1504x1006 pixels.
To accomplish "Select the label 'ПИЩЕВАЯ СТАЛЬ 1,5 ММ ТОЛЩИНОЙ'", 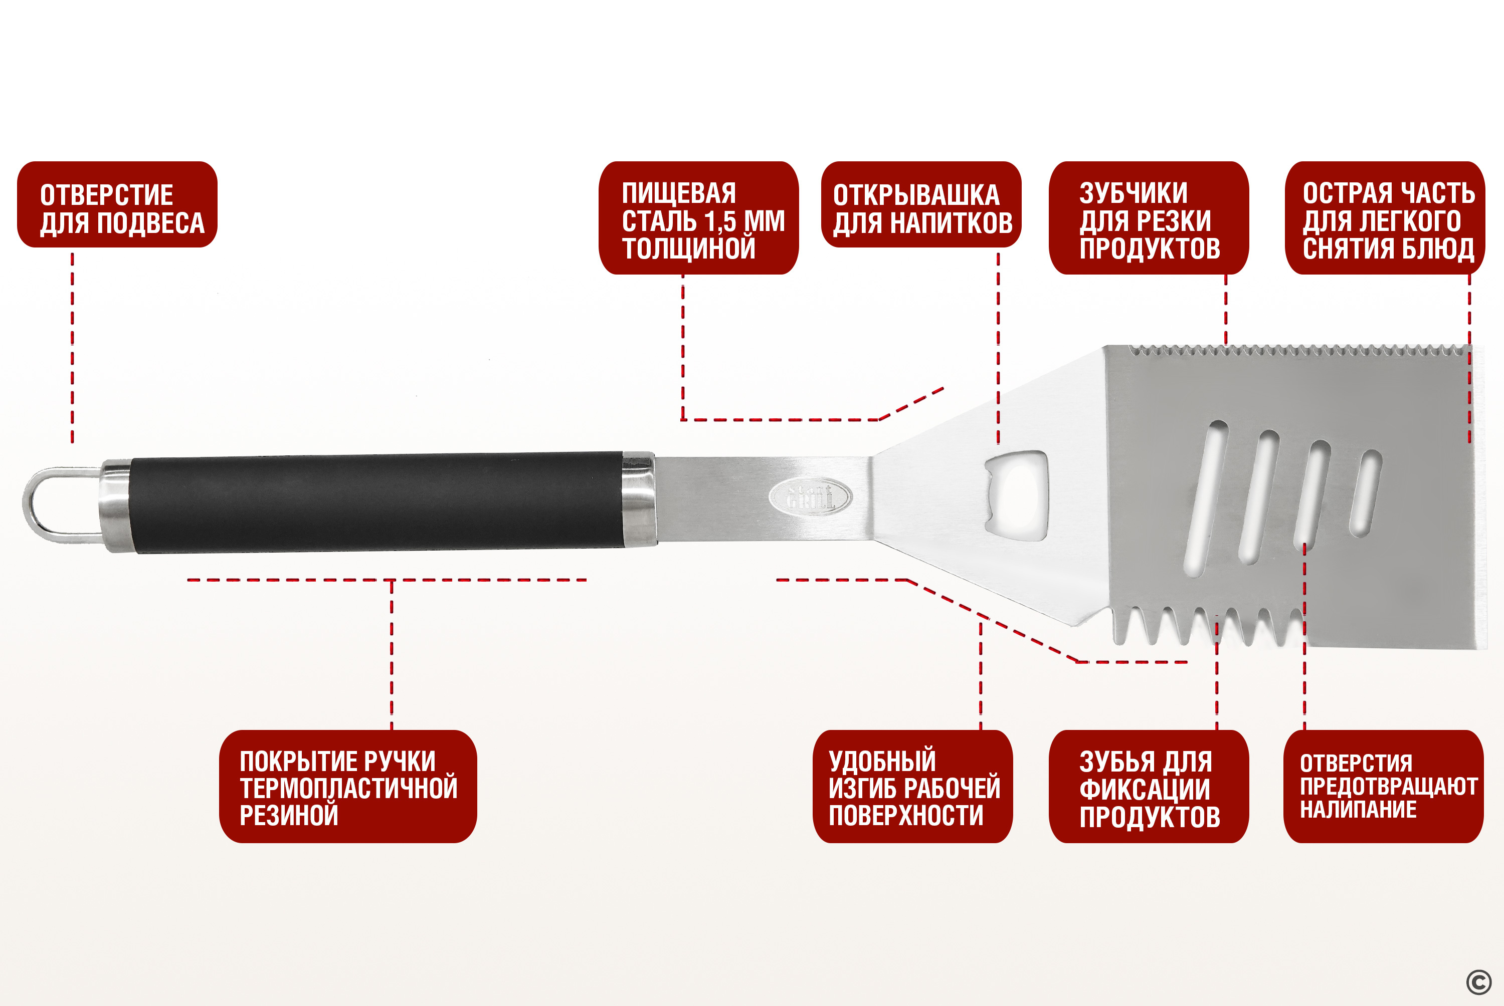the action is (698, 218).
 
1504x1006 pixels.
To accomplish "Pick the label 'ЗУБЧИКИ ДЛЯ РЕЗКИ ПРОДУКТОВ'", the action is (1149, 218).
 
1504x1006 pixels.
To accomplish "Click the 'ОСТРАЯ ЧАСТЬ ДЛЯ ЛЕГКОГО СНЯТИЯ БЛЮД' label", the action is (1385, 218).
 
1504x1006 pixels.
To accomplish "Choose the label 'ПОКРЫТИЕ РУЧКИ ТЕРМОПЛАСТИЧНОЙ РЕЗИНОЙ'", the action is (348, 787).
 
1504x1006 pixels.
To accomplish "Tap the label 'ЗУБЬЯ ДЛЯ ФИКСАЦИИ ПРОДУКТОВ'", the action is (1149, 787).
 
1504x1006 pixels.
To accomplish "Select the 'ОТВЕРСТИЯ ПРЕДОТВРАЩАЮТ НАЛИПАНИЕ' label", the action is (1383, 787).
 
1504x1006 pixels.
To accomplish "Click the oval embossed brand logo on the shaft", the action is (811, 496).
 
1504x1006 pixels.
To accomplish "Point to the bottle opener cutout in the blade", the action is (1016, 495).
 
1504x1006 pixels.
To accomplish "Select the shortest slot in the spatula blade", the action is (1365, 493).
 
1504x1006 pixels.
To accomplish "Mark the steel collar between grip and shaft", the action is (639, 499).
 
